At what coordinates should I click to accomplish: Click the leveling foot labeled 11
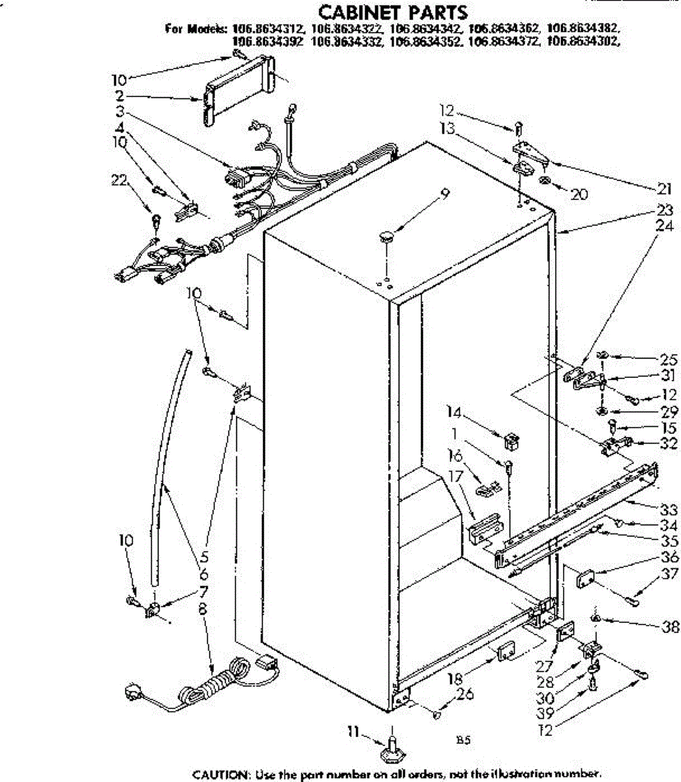(391, 749)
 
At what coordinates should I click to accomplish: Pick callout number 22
(119, 181)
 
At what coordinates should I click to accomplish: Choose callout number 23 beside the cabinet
(665, 210)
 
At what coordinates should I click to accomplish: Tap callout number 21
(664, 190)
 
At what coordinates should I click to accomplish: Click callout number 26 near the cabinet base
(464, 695)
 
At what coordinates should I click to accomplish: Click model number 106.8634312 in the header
(267, 29)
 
